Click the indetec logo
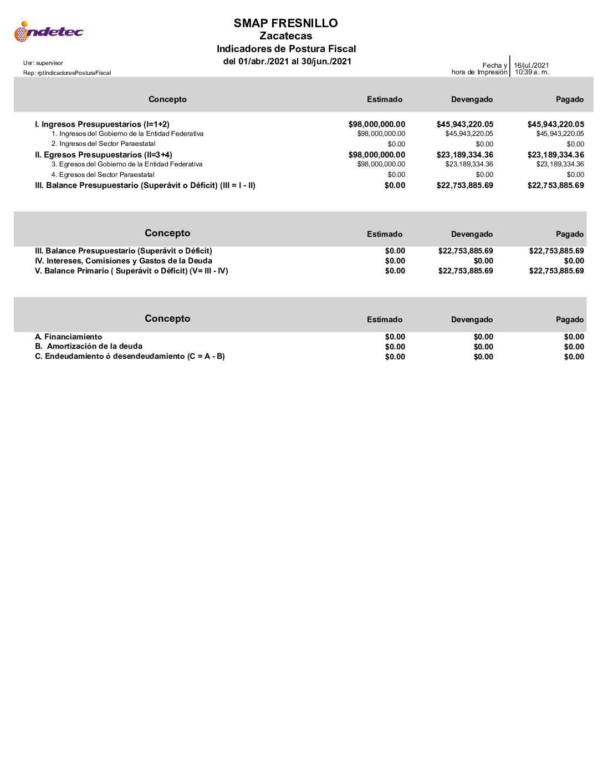point(48,32)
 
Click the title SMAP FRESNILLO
point(285,23)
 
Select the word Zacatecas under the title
point(285,36)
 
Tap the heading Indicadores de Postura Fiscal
point(286,49)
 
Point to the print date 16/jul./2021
point(531,65)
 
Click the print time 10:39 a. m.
point(532,72)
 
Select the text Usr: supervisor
point(43,63)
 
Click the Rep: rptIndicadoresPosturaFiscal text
point(67,73)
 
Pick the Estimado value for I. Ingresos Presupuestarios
point(376,124)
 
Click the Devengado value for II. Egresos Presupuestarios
point(464,155)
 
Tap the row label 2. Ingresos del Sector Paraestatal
point(104,144)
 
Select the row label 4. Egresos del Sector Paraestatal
point(103,175)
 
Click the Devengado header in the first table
point(472,99)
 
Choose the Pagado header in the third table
point(570,319)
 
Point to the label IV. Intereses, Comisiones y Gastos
point(123,261)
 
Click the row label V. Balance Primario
point(131,271)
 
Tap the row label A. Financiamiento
point(68,337)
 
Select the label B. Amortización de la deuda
point(89,346)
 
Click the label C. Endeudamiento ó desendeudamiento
point(130,356)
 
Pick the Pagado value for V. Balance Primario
point(556,271)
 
